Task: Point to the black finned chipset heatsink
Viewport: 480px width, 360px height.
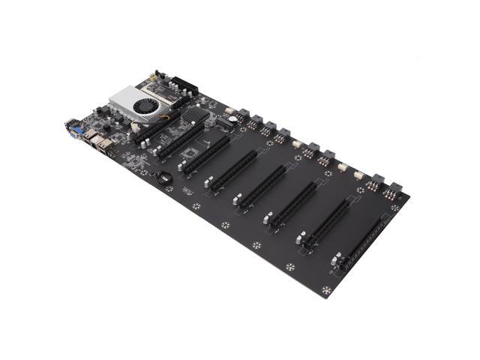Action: click(194, 115)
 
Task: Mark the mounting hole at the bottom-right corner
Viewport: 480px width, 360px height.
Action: click(326, 290)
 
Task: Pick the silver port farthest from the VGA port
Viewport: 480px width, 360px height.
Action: click(112, 151)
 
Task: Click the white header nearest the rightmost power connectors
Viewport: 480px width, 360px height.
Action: click(358, 175)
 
